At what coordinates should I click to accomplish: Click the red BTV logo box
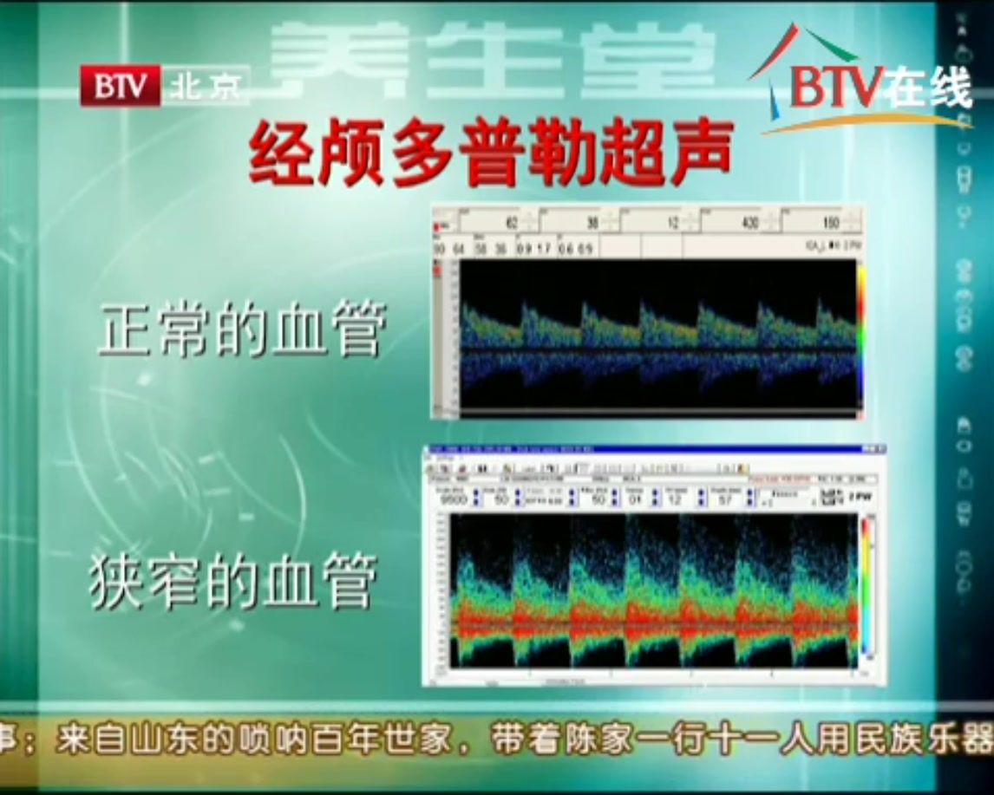point(121,86)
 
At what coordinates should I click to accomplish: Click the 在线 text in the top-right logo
point(927,87)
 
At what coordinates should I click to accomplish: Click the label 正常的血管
point(241,329)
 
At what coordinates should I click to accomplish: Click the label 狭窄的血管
point(233,582)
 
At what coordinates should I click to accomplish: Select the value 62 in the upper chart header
point(512,223)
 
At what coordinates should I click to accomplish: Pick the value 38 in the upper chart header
point(592,223)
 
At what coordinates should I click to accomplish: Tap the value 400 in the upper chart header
point(751,223)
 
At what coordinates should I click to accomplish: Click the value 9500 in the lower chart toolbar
point(454,499)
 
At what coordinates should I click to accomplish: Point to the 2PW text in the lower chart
point(859,498)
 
